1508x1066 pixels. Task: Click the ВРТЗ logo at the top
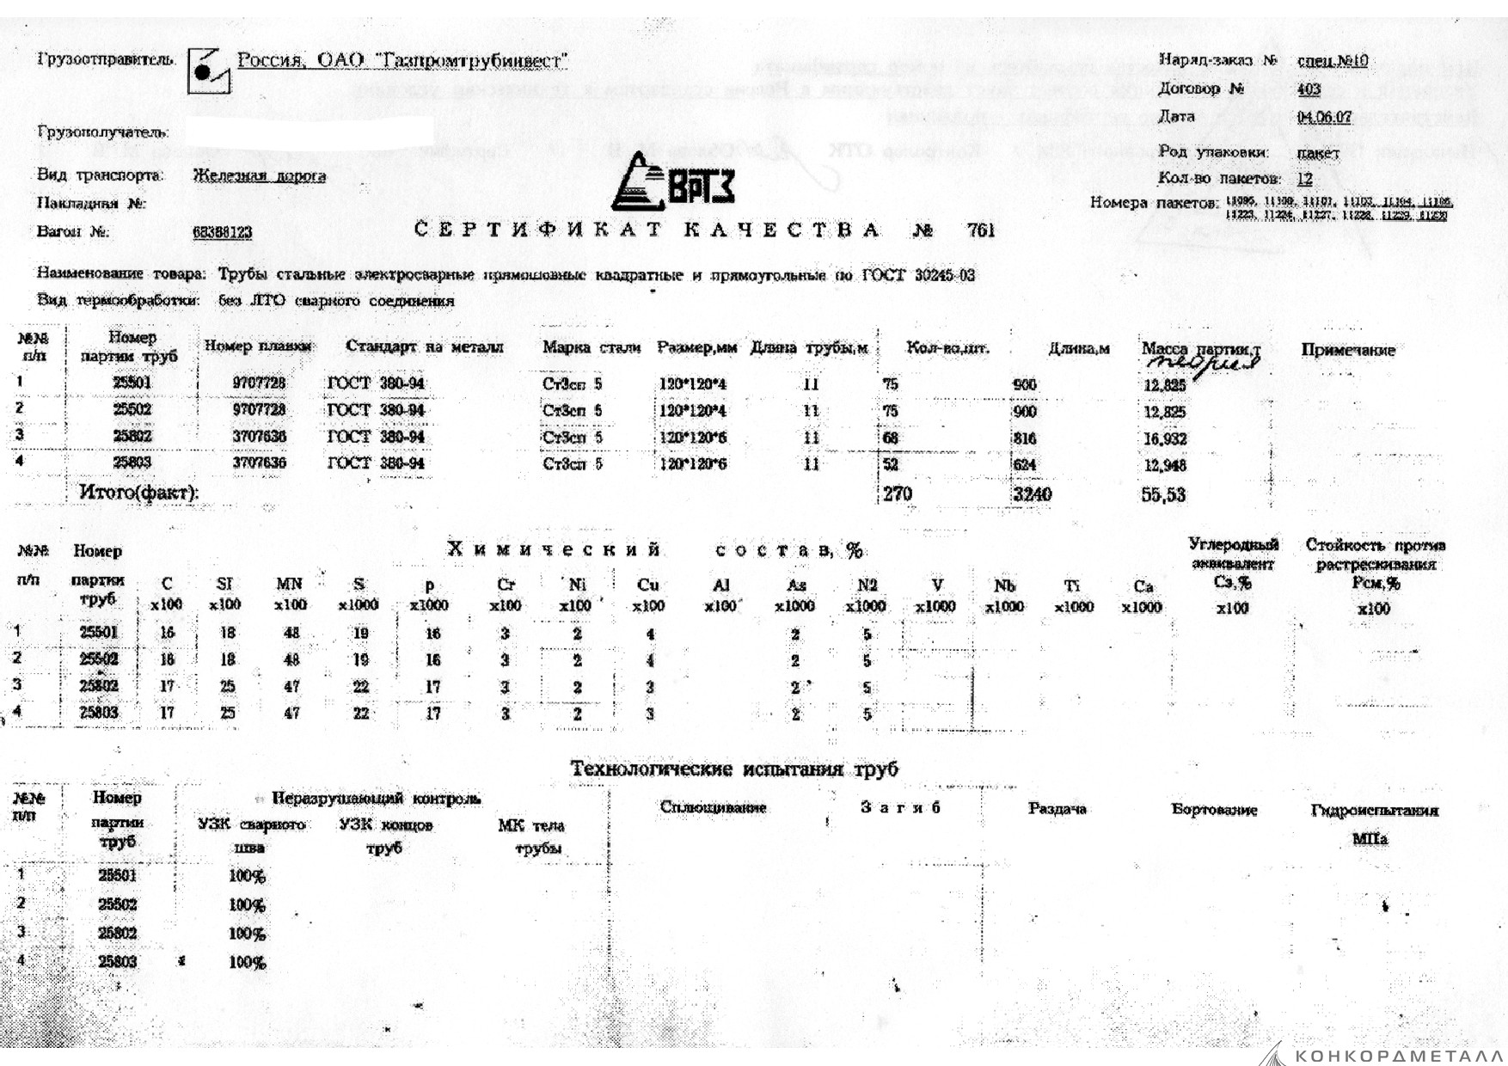coord(672,182)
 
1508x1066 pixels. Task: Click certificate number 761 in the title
coord(981,230)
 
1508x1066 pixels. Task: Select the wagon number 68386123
coord(223,233)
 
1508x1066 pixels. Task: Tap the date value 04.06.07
coord(1324,117)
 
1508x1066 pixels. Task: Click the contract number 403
coord(1309,89)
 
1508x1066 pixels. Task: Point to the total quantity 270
coord(898,494)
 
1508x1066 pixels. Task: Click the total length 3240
coord(1032,494)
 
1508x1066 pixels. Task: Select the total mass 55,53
coord(1163,495)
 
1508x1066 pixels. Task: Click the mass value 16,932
coord(1165,439)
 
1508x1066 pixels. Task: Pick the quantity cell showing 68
coord(891,438)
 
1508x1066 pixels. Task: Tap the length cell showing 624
coord(1025,465)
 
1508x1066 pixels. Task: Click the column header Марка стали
coord(592,347)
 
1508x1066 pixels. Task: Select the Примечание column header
coord(1347,350)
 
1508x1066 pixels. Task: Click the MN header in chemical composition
coord(290,585)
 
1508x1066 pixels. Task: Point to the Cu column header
coord(648,585)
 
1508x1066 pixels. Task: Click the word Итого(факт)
coord(138,493)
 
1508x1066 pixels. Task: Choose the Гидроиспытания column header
coord(1374,810)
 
